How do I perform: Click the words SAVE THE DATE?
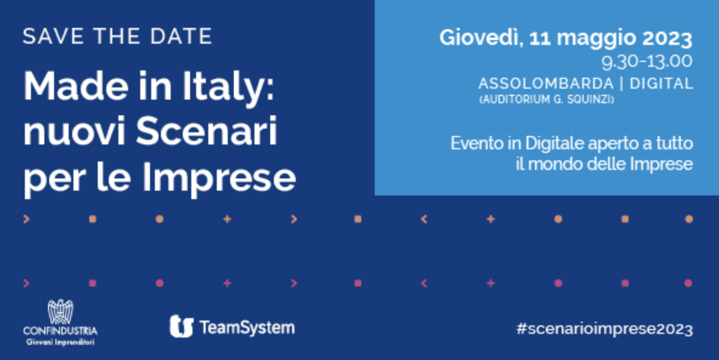(x=117, y=36)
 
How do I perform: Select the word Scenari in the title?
(x=207, y=132)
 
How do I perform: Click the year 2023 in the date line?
(x=667, y=38)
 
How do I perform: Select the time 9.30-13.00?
(x=647, y=62)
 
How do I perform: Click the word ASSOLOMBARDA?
(x=546, y=83)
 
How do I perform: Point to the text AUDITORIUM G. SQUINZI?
(x=546, y=100)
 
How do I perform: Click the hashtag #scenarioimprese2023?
(x=604, y=329)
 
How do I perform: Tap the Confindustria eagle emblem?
(x=61, y=312)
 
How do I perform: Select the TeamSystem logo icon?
(x=181, y=326)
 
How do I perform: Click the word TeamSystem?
(x=247, y=327)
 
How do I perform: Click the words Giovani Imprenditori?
(x=61, y=342)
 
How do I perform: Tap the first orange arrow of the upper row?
(x=26, y=219)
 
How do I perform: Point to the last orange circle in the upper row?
(x=688, y=219)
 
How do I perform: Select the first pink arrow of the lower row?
(x=26, y=284)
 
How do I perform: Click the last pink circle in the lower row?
(x=688, y=284)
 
